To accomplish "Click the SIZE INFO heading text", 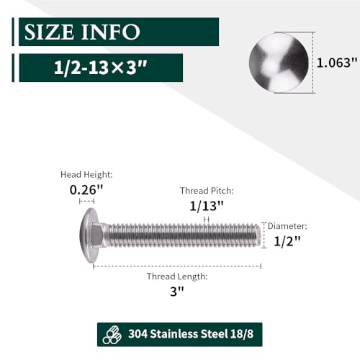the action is click(x=82, y=32).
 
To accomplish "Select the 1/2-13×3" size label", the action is click(x=101, y=68).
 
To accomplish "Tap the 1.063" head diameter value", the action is click(x=337, y=63).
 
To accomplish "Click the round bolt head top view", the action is click(x=279, y=63).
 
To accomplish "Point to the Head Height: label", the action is click(x=86, y=174).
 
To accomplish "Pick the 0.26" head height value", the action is click(x=86, y=190).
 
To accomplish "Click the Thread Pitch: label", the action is click(x=207, y=191).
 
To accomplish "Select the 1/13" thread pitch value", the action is click(x=207, y=206).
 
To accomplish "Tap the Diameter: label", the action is click(x=287, y=226).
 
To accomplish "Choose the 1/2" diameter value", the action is click(x=287, y=241).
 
